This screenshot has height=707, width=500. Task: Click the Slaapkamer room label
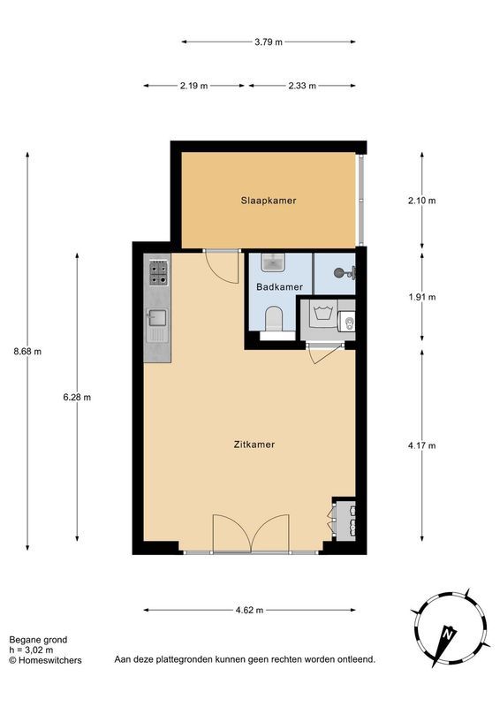click(x=269, y=201)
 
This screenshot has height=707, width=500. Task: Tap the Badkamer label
click(x=280, y=287)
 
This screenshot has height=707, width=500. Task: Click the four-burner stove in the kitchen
click(x=158, y=273)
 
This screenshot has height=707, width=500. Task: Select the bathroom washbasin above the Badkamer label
click(x=275, y=262)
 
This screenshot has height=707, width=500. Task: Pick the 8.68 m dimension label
click(x=27, y=351)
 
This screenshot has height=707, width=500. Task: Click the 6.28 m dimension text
click(x=77, y=397)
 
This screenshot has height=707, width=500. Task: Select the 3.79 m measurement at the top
click(x=269, y=41)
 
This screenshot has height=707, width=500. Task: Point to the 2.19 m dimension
click(x=193, y=86)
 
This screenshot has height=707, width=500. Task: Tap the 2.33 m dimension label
click(x=302, y=86)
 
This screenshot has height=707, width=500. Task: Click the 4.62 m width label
click(x=249, y=610)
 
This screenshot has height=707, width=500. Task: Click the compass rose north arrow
click(x=448, y=633)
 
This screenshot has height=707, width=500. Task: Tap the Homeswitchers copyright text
click(x=45, y=659)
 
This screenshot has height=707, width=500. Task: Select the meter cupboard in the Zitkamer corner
click(x=343, y=520)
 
